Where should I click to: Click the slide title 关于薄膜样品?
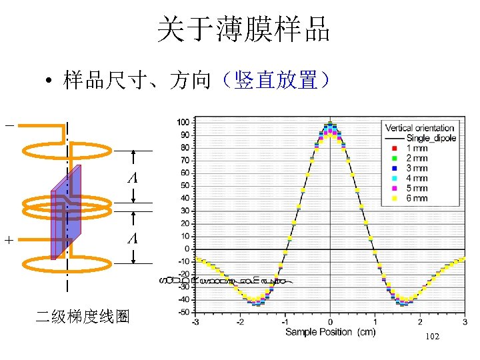point(243,30)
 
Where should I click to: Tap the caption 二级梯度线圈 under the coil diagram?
point(82,317)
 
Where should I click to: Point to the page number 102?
point(431,337)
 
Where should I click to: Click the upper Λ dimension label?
point(133,178)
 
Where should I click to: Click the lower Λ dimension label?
point(133,238)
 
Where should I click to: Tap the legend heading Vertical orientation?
point(420,128)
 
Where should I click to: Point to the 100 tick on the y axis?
point(182,122)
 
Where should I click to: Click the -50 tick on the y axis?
point(182,312)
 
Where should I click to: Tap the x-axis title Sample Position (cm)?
point(330,332)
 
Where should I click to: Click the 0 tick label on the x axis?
point(330,322)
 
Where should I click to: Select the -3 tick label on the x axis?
point(195,322)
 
